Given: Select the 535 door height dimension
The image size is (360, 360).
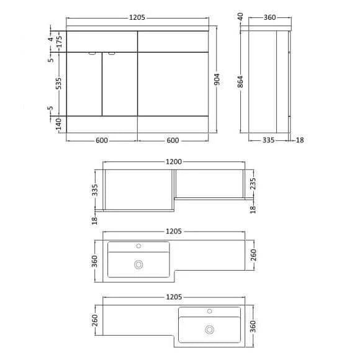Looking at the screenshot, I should (58, 84).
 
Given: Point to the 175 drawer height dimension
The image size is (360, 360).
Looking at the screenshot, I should (58, 42).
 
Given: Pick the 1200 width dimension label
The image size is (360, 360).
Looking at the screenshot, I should (174, 162).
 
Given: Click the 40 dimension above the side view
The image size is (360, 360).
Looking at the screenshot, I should (240, 16).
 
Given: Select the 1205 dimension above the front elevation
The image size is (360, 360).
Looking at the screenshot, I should (138, 17).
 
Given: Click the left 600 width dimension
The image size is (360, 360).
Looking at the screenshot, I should (102, 140).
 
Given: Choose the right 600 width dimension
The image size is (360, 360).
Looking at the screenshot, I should (173, 140).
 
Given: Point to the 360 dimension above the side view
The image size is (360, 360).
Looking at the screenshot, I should (269, 17).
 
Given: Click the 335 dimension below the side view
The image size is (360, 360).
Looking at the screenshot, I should (268, 140).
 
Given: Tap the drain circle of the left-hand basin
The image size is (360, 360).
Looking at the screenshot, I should (138, 265).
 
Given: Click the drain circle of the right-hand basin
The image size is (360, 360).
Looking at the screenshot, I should (210, 330).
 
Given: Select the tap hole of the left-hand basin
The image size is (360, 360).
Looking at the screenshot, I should (138, 247).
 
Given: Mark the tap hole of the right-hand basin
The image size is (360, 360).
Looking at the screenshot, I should (210, 312).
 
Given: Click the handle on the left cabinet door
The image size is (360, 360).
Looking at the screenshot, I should (92, 54).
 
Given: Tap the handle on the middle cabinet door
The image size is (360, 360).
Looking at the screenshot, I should (111, 54).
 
